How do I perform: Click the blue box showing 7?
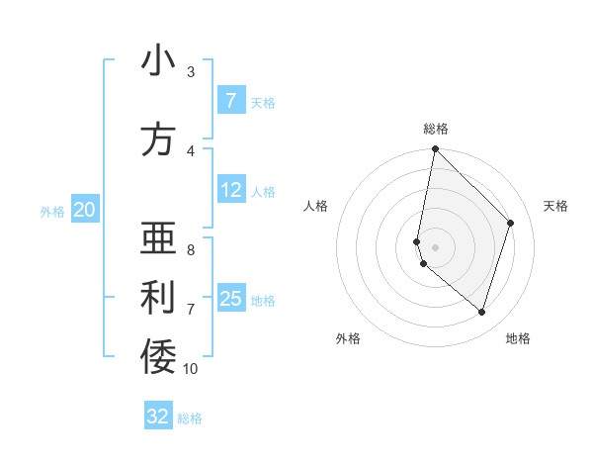coord(230,101)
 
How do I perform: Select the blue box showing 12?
coord(230,190)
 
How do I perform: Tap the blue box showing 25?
coord(230,299)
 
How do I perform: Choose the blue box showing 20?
coord(85,210)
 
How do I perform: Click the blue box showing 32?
coord(158,417)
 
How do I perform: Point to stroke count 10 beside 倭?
coord(191,369)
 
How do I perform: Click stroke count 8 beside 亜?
coord(191,250)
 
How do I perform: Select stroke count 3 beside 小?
coord(191,72)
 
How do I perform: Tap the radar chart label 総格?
coord(436,129)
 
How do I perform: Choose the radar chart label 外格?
coord(348,338)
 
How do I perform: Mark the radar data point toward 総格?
coord(435,149)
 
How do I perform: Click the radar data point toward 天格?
coord(511,223)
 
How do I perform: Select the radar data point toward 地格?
coord(481,312)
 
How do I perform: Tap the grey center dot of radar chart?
coord(435,246)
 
